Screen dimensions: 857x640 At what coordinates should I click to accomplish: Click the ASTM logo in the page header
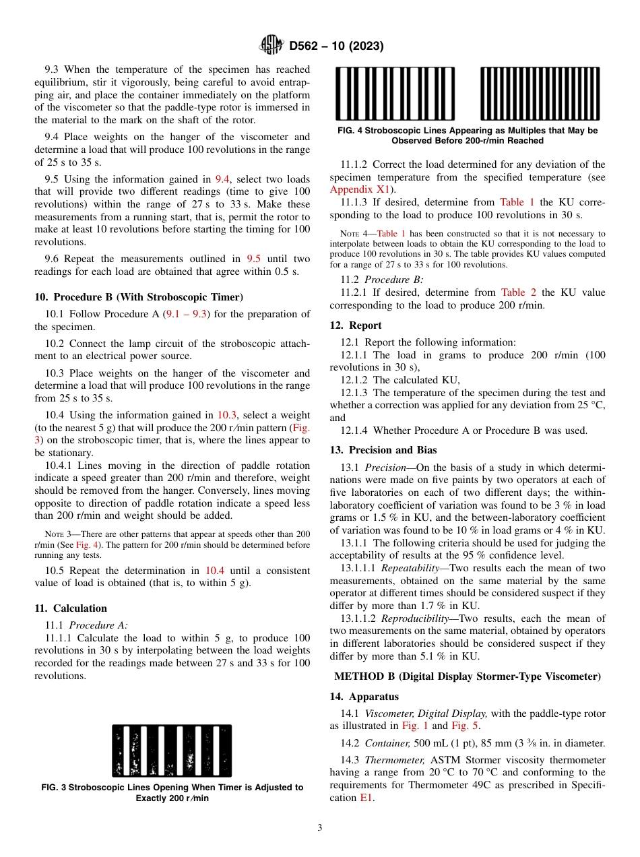click(271, 46)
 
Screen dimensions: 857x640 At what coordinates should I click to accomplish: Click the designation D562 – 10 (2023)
click(336, 46)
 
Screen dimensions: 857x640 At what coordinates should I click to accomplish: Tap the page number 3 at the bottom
click(319, 828)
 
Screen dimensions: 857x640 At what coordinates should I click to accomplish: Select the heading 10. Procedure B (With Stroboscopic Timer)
click(139, 297)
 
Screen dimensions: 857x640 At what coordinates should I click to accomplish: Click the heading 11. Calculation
click(71, 608)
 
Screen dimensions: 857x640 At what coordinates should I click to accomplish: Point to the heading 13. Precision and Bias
click(383, 450)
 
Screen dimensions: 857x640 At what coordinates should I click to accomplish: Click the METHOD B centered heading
click(468, 676)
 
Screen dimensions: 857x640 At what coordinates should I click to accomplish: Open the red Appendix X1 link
click(360, 190)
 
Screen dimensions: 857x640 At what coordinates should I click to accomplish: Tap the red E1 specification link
click(367, 798)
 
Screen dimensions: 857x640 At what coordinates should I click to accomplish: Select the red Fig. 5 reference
click(464, 726)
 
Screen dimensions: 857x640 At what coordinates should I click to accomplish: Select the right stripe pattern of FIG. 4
click(539, 94)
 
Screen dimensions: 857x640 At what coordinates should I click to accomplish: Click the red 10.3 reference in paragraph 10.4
click(226, 415)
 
